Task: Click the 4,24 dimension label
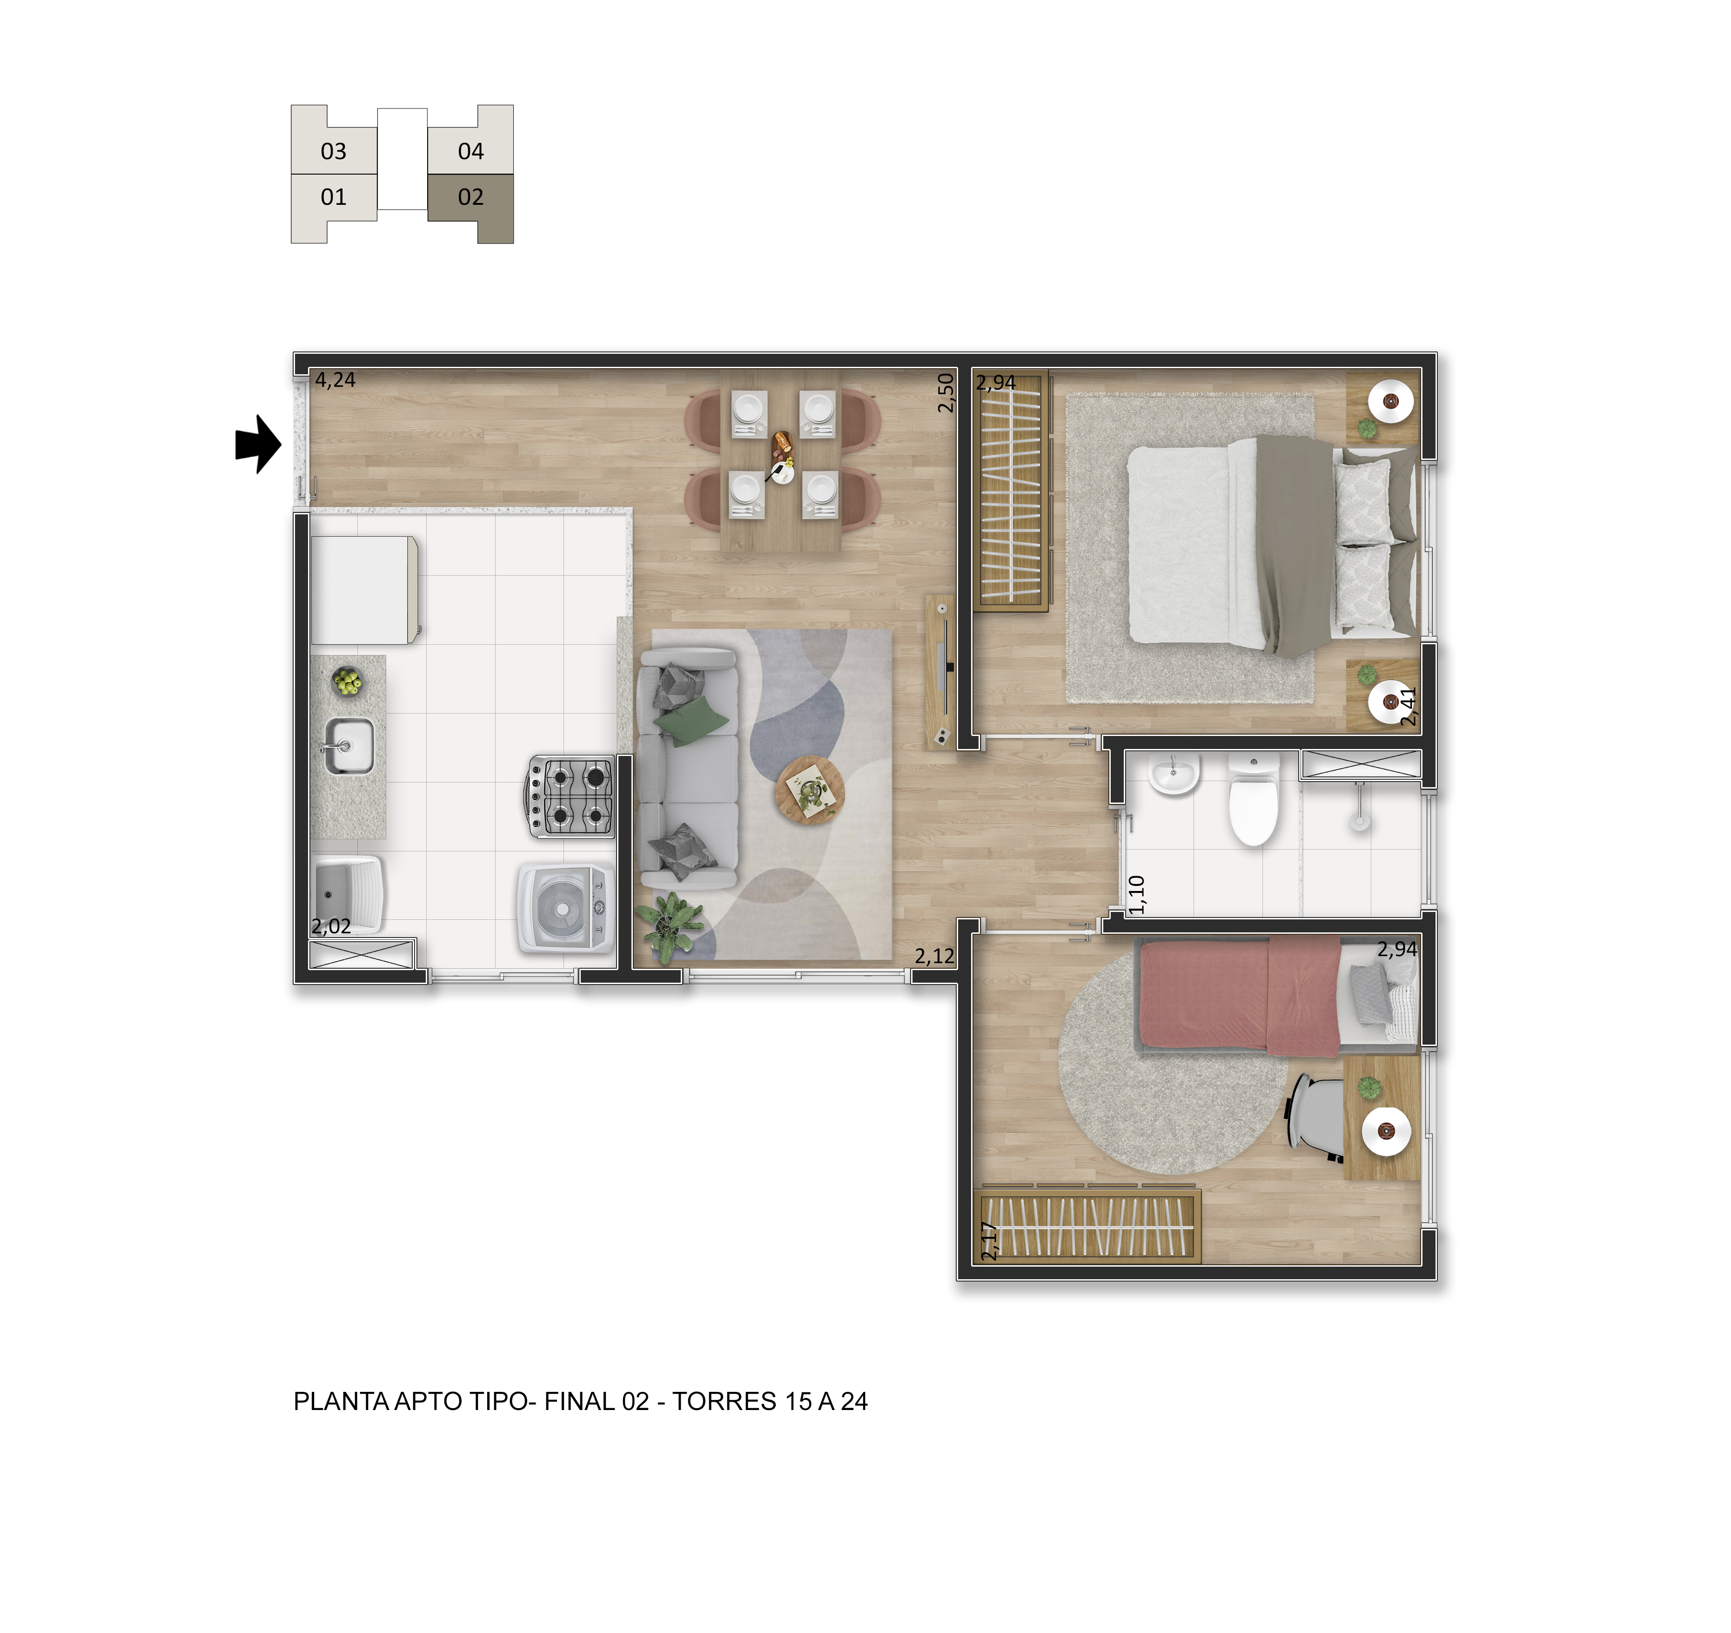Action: (x=335, y=380)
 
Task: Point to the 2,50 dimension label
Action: (x=946, y=393)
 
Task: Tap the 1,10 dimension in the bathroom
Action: (x=1136, y=894)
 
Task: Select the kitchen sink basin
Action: (x=349, y=746)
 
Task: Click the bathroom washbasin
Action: (x=1174, y=773)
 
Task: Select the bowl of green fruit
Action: (x=348, y=681)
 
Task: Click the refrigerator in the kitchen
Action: (x=364, y=590)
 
